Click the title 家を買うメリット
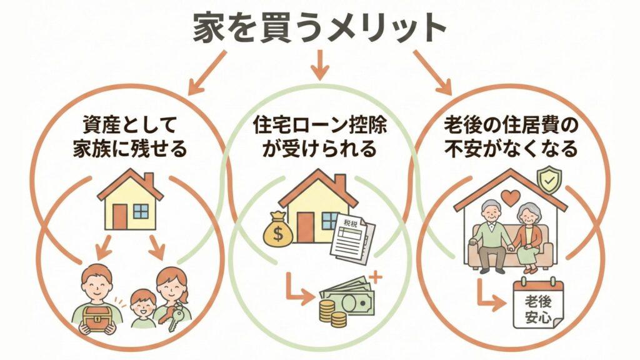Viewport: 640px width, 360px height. [x=319, y=29]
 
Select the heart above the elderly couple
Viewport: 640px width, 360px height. [x=511, y=199]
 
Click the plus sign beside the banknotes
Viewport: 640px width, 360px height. [x=376, y=275]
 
